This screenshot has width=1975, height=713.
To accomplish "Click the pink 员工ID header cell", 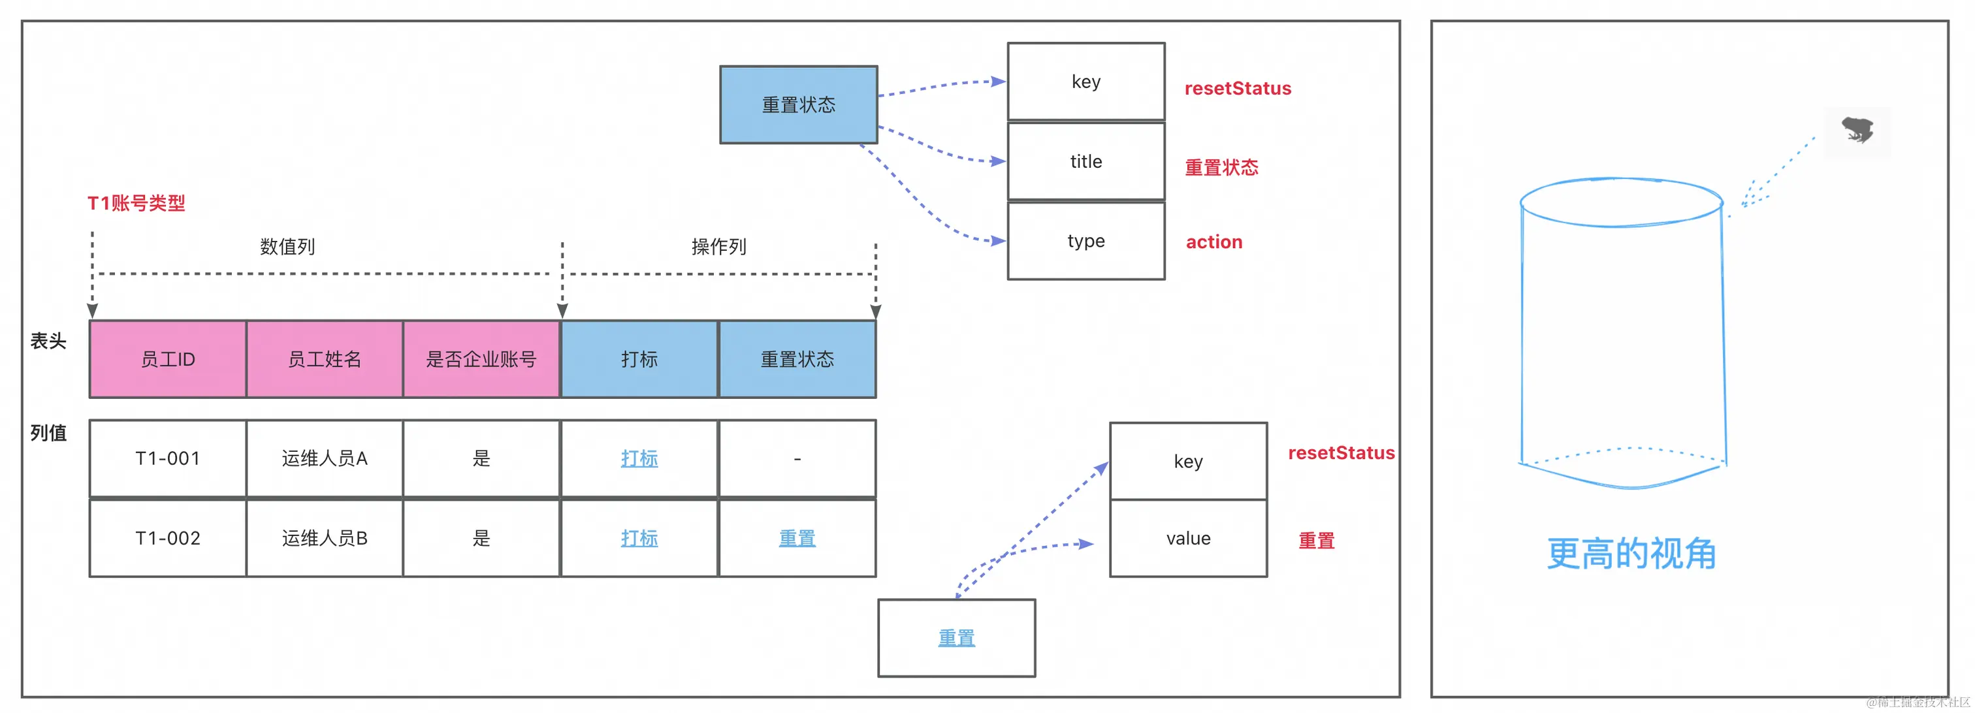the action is (168, 359).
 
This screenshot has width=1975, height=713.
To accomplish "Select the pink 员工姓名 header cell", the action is (325, 359).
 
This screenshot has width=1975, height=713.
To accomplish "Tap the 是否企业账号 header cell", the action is (481, 359).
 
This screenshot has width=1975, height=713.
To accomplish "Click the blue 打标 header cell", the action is (639, 359).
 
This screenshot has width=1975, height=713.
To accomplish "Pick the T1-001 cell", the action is (168, 458).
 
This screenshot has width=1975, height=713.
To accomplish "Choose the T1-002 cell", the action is (168, 538).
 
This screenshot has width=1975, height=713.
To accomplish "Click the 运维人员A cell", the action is (325, 458).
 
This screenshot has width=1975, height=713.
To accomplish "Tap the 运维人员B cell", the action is (325, 538).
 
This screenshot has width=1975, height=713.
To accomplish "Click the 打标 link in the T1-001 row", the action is (639, 458).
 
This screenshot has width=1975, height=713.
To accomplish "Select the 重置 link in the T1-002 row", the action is (797, 538).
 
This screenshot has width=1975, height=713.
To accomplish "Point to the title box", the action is (1086, 161).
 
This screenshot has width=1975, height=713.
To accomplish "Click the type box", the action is (1086, 241).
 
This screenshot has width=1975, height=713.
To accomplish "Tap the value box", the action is (1189, 538).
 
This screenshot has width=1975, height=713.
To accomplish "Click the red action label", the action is (1214, 242).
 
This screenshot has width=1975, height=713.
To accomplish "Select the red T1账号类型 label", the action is (136, 203).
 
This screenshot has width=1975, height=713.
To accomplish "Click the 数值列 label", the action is (287, 247).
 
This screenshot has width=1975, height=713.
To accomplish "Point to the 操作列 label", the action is (719, 247).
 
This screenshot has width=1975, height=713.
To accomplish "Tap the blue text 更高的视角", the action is (1631, 554).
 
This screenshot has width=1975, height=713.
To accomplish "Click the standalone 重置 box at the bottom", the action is (957, 638).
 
